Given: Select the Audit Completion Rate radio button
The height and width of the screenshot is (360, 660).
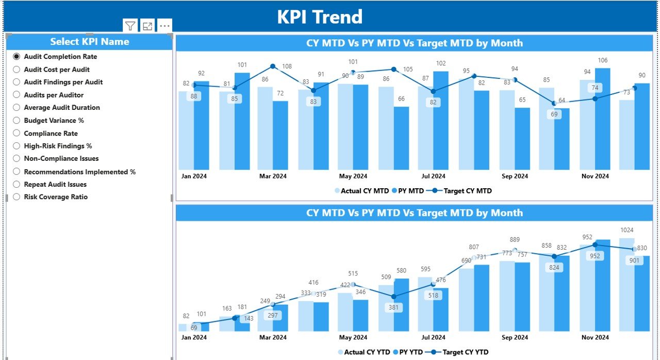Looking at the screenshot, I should (16, 57).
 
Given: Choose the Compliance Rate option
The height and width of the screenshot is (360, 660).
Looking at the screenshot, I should (16, 134).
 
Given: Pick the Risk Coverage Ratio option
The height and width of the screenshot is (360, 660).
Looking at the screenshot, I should (16, 197).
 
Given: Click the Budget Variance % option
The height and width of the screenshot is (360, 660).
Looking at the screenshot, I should (16, 121).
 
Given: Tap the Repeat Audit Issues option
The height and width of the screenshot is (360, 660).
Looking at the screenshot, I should (16, 185).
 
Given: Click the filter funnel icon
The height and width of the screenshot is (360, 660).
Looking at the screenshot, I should (130, 26).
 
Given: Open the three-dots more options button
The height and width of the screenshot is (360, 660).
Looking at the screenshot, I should (164, 26).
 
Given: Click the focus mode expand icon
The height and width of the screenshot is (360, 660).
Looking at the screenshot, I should (147, 26).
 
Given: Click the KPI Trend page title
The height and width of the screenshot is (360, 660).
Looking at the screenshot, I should (320, 17).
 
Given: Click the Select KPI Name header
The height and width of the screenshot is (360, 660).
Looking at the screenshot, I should (89, 42).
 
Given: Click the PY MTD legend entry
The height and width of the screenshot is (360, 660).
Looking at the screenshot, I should (408, 191).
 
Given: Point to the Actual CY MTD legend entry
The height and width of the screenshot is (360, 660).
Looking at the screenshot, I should (361, 191).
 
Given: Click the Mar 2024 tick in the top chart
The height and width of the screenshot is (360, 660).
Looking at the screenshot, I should (273, 176).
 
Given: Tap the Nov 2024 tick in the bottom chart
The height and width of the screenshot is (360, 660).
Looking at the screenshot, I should (595, 338).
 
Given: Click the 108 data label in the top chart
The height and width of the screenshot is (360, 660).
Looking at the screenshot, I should (287, 67).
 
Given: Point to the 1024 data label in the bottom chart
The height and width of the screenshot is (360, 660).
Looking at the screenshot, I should (627, 230).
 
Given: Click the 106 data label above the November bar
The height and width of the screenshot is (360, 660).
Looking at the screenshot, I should (602, 61).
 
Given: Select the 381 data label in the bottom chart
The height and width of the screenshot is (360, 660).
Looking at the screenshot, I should (394, 307).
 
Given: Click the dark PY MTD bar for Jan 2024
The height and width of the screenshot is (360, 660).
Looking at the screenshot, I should (202, 126).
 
